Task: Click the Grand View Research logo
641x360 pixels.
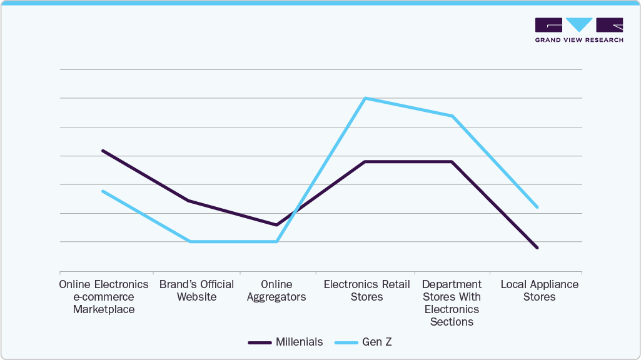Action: pyautogui.click(x=579, y=29)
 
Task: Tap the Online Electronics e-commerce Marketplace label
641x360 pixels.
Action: pyautogui.click(x=104, y=297)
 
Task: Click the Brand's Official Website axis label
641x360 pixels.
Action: pyautogui.click(x=196, y=291)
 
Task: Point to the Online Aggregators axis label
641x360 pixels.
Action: pyautogui.click(x=276, y=291)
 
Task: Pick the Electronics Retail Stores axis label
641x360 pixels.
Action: pyautogui.click(x=366, y=291)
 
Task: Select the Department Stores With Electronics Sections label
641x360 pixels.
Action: pyautogui.click(x=452, y=303)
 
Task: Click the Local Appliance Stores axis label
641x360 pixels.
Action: pyautogui.click(x=539, y=291)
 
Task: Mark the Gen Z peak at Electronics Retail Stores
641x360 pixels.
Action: pyautogui.click(x=365, y=98)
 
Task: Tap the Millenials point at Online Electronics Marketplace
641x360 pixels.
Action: pyautogui.click(x=103, y=151)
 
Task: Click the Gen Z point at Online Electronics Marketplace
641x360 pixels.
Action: pyautogui.click(x=103, y=191)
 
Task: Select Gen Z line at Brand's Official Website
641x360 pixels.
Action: pyautogui.click(x=189, y=241)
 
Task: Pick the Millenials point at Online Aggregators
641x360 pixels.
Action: pyautogui.click(x=276, y=225)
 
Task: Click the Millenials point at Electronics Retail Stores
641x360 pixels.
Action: pyautogui.click(x=365, y=162)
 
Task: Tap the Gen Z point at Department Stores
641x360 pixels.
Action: pyautogui.click(x=452, y=116)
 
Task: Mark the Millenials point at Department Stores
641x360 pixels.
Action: pyautogui.click(x=452, y=162)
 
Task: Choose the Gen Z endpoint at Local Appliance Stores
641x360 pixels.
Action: pyautogui.click(x=537, y=207)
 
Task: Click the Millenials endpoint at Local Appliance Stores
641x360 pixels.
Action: pyautogui.click(x=537, y=248)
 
